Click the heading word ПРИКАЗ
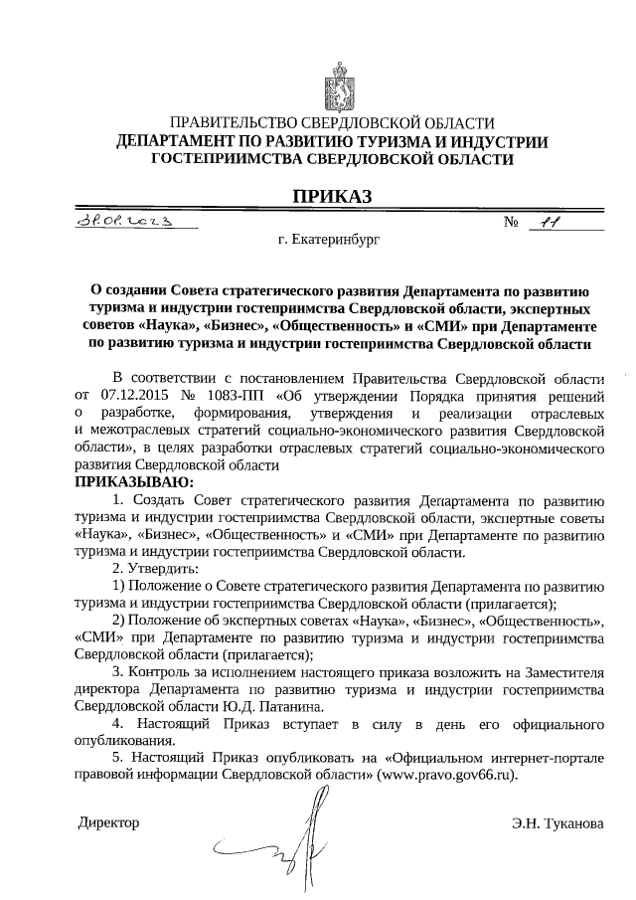[x=331, y=197]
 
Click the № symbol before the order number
[x=514, y=224]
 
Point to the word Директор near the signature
[x=108, y=822]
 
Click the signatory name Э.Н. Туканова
[x=557, y=823]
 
